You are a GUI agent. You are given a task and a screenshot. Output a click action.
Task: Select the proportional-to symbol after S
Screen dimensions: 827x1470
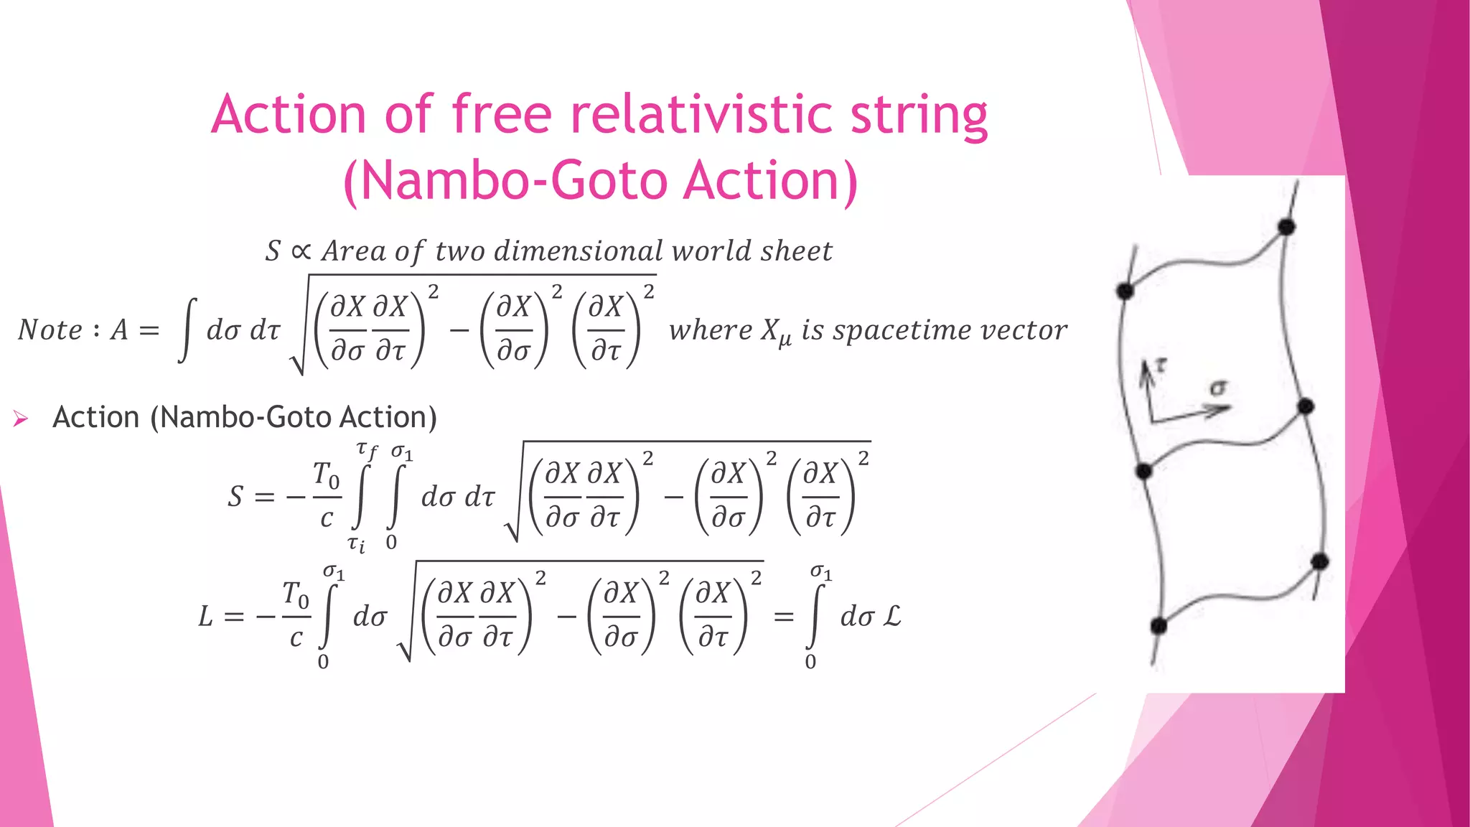[x=301, y=251]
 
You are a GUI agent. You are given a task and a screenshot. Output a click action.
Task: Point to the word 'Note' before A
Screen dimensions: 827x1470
[x=50, y=330]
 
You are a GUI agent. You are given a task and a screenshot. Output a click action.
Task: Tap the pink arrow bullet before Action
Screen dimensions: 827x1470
[x=20, y=419]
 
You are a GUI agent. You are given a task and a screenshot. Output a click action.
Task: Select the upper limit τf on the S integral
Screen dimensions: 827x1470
[x=367, y=451]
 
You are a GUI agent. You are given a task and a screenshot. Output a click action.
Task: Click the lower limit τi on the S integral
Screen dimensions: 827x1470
[x=356, y=544]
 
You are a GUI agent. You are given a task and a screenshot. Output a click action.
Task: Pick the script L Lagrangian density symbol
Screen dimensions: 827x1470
[x=891, y=616]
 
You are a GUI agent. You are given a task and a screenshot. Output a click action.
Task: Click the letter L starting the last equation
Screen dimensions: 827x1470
[x=206, y=617]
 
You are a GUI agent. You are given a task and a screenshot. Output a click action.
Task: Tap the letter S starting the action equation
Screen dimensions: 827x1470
[x=235, y=497]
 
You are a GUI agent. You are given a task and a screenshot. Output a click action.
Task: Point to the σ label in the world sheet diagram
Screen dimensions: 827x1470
[x=1218, y=388]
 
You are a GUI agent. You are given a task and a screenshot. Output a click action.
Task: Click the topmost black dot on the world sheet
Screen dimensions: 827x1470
[x=1286, y=228]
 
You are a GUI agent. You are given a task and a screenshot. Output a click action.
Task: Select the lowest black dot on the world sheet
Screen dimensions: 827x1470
[x=1158, y=626]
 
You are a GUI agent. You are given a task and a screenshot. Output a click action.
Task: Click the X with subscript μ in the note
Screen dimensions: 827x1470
[x=775, y=332]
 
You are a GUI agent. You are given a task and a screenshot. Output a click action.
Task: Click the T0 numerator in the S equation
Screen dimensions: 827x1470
[x=326, y=475]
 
